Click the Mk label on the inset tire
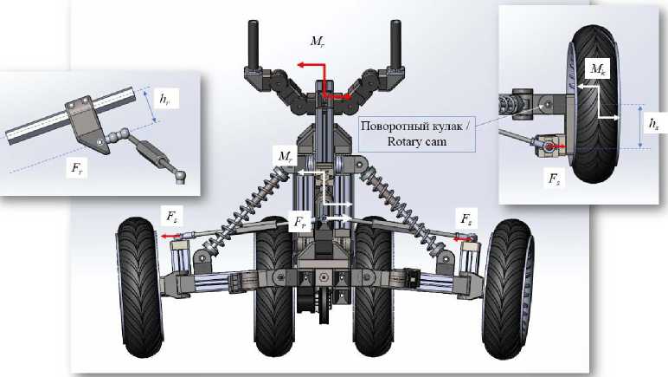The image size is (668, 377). pos(596,68)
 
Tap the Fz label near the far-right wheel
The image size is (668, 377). pos(466,212)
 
